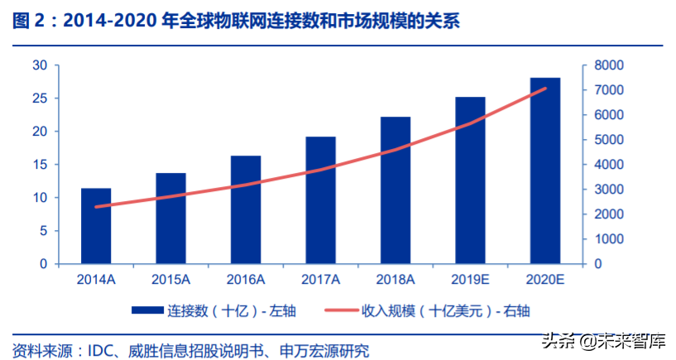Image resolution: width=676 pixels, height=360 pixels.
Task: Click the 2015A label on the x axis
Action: pos(171,280)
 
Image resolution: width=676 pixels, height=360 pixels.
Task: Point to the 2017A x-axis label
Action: pos(321,280)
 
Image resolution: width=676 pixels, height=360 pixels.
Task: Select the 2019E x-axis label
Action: pos(470,280)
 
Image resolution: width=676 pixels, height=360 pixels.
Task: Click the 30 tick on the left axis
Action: pos(39,65)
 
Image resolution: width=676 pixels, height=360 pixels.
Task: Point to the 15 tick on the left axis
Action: pos(39,165)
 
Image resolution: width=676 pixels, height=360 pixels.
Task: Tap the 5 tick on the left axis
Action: pos(42,231)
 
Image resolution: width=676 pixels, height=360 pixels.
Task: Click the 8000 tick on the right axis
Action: pos(608,65)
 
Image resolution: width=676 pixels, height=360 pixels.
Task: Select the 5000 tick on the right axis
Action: pos(608,140)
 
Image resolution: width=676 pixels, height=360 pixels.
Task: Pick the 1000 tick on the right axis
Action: pos(608,239)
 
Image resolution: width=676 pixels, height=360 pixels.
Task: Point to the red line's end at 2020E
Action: pos(545,89)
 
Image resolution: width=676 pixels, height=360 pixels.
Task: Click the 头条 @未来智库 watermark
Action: pos(603,340)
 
